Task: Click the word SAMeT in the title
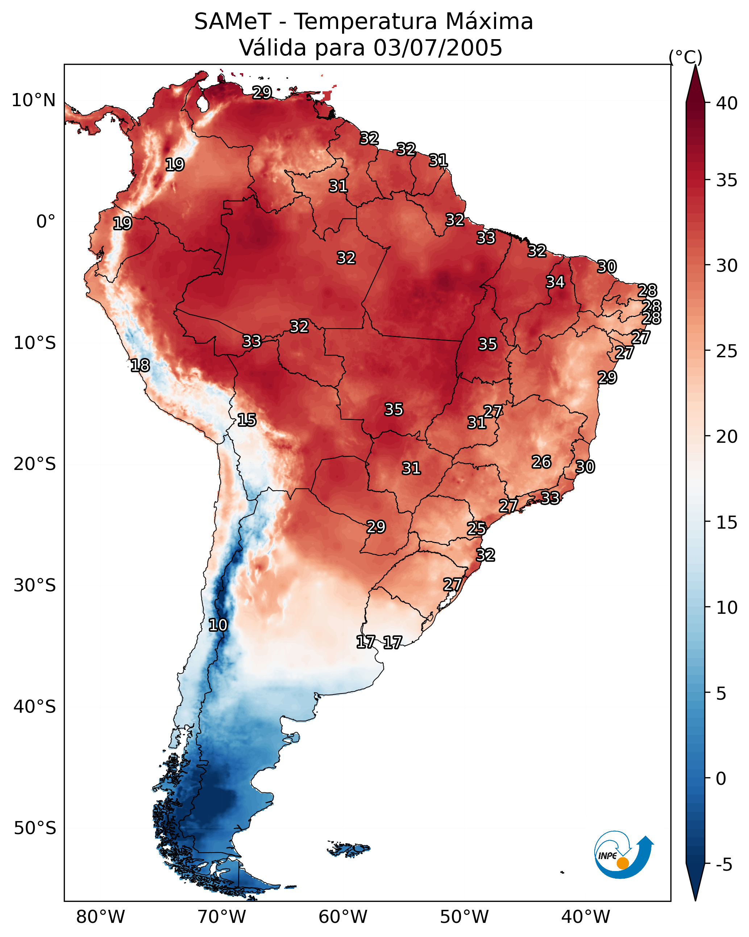[233, 22]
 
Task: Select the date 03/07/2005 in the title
[437, 48]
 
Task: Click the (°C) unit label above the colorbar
[685, 57]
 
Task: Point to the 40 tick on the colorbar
[727, 103]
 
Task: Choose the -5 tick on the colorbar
[724, 865]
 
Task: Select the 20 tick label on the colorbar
[727, 437]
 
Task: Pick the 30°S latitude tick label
[35, 586]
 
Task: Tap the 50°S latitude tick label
[35, 828]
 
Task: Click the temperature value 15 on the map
[247, 420]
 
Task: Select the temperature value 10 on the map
[218, 625]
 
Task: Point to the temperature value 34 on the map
[555, 282]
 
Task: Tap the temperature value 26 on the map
[541, 462]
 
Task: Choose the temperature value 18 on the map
[140, 366]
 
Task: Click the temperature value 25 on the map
[477, 529]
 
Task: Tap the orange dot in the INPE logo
[623, 863]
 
